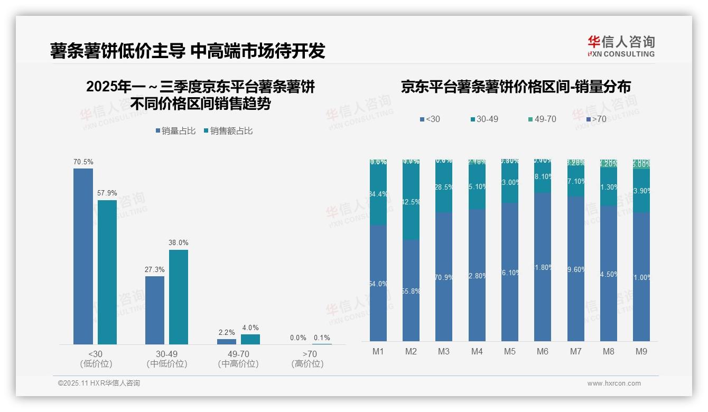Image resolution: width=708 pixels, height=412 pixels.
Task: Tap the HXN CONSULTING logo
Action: click(621, 46)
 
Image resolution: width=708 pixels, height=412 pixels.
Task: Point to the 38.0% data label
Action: click(178, 243)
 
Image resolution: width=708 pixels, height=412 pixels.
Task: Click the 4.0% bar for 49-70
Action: click(250, 339)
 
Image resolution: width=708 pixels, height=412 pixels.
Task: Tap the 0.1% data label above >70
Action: click(322, 338)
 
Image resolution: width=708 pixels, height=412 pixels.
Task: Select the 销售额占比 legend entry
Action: click(228, 130)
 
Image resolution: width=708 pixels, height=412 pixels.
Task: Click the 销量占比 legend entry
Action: click(175, 130)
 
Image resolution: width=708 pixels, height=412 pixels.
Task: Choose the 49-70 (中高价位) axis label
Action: click(238, 359)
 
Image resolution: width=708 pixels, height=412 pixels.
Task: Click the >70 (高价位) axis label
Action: click(308, 359)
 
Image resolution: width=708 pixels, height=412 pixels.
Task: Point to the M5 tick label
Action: click(509, 351)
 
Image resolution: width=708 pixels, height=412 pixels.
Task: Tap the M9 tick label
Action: click(641, 351)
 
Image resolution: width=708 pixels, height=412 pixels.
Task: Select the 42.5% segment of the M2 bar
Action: click(411, 201)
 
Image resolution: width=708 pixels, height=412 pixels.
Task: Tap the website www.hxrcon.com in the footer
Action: click(614, 383)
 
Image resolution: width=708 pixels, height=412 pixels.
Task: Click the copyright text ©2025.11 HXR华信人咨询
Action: click(99, 383)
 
